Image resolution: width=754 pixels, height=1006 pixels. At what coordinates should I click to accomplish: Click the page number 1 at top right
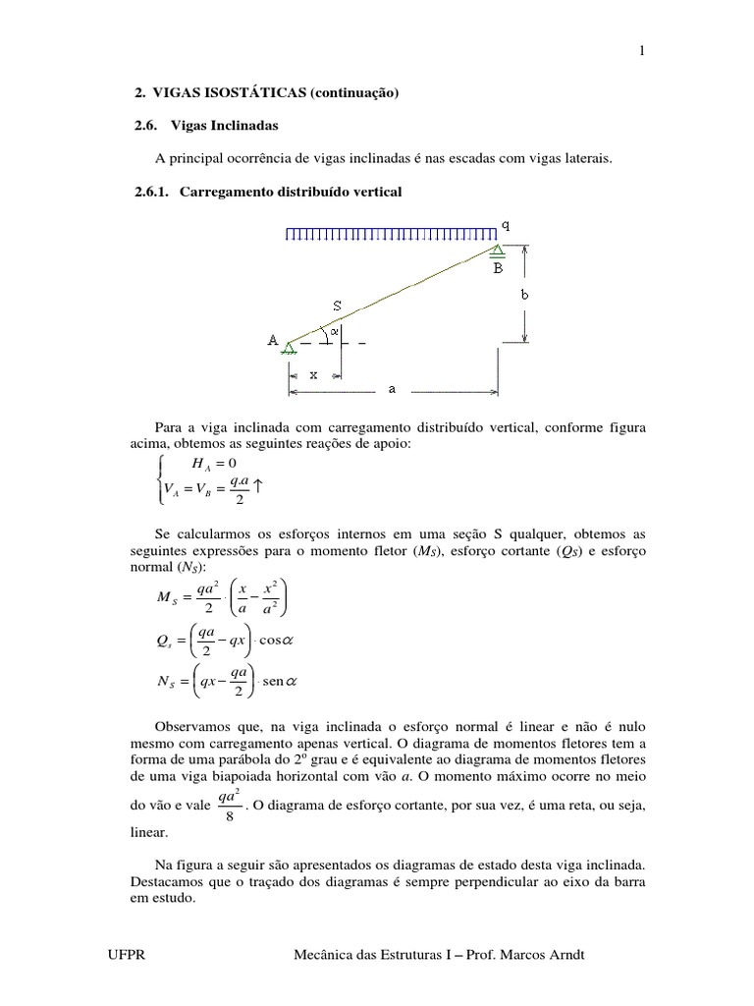pyautogui.click(x=641, y=52)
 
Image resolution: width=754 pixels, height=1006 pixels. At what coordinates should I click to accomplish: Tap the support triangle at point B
pyautogui.click(x=499, y=251)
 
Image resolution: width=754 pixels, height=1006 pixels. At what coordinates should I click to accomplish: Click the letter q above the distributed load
pyautogui.click(x=506, y=224)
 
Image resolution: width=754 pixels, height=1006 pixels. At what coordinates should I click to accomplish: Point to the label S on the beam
pyautogui.click(x=337, y=307)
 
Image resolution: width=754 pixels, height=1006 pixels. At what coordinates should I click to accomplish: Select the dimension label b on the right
pyautogui.click(x=526, y=294)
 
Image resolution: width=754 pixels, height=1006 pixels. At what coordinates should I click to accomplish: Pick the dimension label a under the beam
pyautogui.click(x=393, y=389)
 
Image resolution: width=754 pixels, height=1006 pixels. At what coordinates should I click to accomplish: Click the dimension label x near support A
pyautogui.click(x=313, y=374)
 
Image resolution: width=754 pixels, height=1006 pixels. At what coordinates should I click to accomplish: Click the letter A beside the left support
pyautogui.click(x=273, y=340)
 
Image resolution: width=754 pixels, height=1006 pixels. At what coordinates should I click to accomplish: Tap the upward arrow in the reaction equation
pyautogui.click(x=260, y=486)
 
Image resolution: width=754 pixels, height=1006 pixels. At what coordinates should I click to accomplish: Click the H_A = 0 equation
pyautogui.click(x=200, y=464)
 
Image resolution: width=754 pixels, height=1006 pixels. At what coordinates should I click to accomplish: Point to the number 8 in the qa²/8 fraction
pyautogui.click(x=229, y=815)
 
